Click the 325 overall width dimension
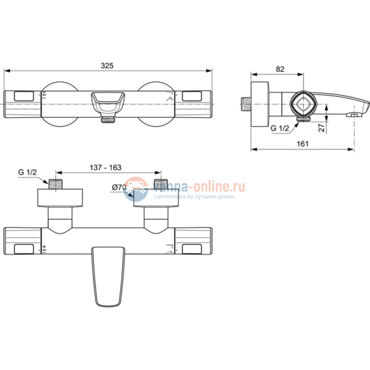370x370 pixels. coord(108,66)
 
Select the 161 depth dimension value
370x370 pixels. coord(302,144)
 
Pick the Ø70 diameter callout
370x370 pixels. coord(118,187)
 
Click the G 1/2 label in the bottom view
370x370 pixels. coord(27,172)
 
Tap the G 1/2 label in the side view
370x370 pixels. coord(279,129)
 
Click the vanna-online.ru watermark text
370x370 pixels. coord(199,186)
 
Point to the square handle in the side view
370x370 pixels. coord(301,105)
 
